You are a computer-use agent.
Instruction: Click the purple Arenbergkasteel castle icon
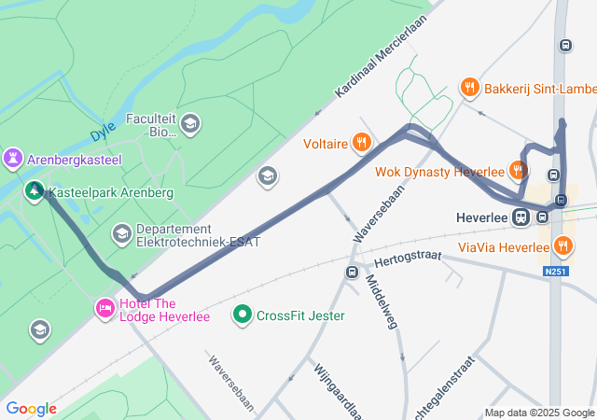tap(12, 160)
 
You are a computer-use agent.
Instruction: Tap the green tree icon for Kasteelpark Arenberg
tap(35, 191)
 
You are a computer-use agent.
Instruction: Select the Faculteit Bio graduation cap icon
tap(190, 123)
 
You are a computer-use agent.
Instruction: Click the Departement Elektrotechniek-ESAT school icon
tap(121, 231)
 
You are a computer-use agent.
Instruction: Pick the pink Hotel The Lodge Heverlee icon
tap(104, 307)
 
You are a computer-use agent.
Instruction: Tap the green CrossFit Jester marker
tap(243, 315)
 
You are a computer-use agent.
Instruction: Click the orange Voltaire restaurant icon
tap(362, 144)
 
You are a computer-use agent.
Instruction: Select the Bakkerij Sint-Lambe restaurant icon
tap(470, 89)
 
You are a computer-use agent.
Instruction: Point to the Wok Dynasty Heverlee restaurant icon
tap(518, 170)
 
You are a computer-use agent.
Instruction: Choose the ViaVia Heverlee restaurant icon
tap(562, 246)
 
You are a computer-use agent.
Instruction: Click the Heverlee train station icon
tap(521, 217)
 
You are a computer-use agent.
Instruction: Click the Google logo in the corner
tap(31, 409)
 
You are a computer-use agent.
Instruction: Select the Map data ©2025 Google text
tap(539, 413)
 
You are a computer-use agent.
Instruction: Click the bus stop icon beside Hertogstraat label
tap(352, 273)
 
